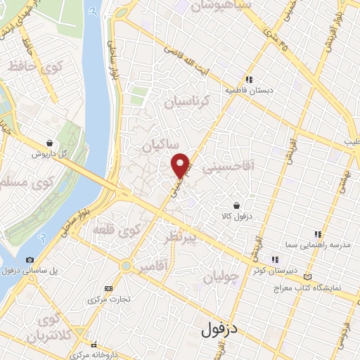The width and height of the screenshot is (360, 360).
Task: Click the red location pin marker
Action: [x=181, y=165]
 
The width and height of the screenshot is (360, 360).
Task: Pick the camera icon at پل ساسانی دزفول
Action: [x=30, y=259]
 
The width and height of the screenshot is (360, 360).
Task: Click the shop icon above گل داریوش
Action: [x=49, y=142]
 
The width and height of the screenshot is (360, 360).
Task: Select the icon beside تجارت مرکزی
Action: [x=108, y=288]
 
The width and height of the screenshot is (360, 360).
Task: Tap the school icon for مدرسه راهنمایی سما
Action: [x=318, y=233]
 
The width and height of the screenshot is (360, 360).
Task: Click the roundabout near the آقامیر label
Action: [x=126, y=266]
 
